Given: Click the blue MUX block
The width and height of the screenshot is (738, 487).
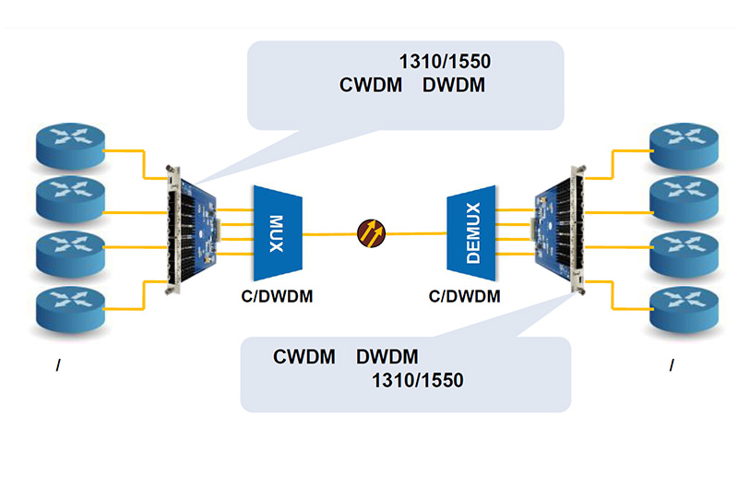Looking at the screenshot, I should coord(279,233).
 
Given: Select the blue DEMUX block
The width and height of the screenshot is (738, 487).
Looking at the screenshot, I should coord(472,233).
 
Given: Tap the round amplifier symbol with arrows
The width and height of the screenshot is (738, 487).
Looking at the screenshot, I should coord(373,231).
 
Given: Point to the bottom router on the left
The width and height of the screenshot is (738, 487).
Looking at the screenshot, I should coord(72,307).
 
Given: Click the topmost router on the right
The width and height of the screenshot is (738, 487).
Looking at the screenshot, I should coord(684,146).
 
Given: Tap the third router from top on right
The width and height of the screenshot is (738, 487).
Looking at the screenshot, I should coord(684,252).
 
